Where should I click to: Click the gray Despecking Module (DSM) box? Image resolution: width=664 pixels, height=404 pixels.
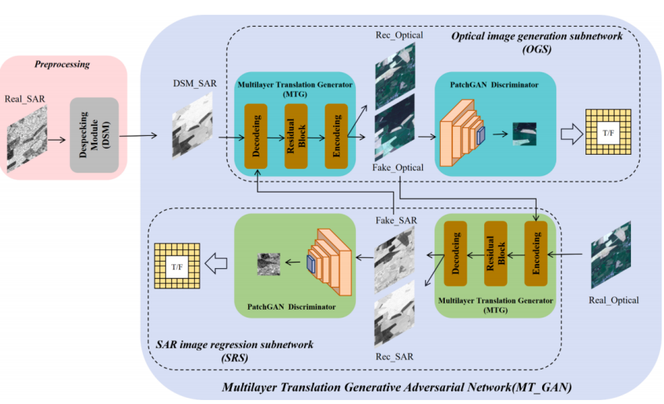coord(94,136)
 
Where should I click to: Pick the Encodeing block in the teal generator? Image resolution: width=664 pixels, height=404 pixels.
coord(336,135)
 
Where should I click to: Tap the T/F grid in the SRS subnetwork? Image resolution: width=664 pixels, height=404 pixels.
coord(177,266)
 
